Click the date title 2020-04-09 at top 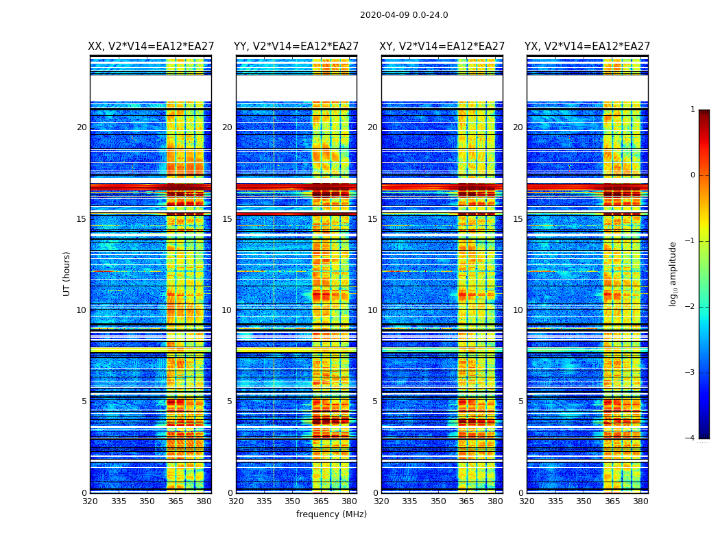[x=404, y=15]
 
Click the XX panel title [x=151, y=47]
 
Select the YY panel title [x=296, y=47]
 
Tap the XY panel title [x=442, y=47]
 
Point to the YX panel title [x=588, y=47]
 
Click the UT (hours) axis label [x=67, y=273]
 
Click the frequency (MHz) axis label [x=331, y=514]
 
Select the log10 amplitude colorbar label [x=673, y=273]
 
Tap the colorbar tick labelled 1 [x=693, y=110]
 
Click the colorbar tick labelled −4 [x=691, y=438]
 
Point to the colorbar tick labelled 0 [x=693, y=175]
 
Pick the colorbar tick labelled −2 [x=691, y=307]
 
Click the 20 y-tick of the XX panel [x=82, y=127]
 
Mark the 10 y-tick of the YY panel [x=227, y=310]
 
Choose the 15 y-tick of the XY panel [x=372, y=219]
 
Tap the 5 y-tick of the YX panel [x=520, y=401]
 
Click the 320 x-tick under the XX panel [x=90, y=501]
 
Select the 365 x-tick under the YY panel [x=321, y=501]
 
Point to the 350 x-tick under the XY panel [x=438, y=501]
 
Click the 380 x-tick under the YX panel [x=640, y=501]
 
